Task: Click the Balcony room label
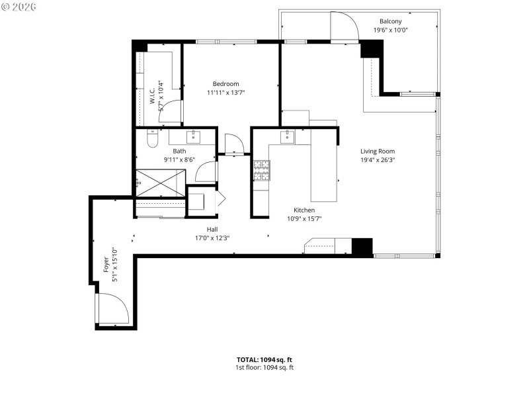click(390, 21)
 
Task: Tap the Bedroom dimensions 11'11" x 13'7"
click(225, 93)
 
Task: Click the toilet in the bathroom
click(152, 140)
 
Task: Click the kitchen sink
click(288, 138)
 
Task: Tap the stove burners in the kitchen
click(261, 170)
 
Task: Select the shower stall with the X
click(160, 183)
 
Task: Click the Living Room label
click(378, 151)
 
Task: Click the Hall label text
click(212, 229)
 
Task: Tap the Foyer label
click(105, 265)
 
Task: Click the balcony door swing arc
click(345, 26)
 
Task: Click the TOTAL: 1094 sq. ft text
click(264, 359)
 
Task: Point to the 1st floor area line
click(264, 367)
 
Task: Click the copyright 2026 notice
click(19, 6)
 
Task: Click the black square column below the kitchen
click(362, 246)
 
